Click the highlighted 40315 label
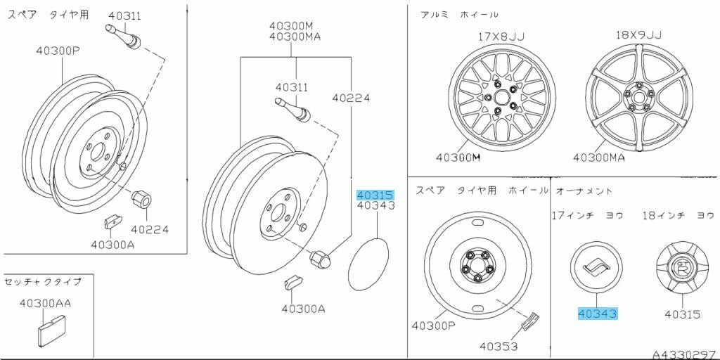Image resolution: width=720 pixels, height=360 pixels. pyautogui.click(x=374, y=195)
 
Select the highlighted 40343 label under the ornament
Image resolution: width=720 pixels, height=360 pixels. pyautogui.click(x=597, y=314)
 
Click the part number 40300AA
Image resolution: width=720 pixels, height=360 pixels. pyautogui.click(x=45, y=303)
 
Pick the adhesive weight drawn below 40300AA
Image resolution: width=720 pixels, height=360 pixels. pyautogui.click(x=51, y=329)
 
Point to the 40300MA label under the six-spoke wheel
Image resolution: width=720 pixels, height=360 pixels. pyautogui.click(x=598, y=157)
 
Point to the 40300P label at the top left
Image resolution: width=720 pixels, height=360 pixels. pyautogui.click(x=59, y=51)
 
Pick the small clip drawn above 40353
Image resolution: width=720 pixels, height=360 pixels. pyautogui.click(x=530, y=321)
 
